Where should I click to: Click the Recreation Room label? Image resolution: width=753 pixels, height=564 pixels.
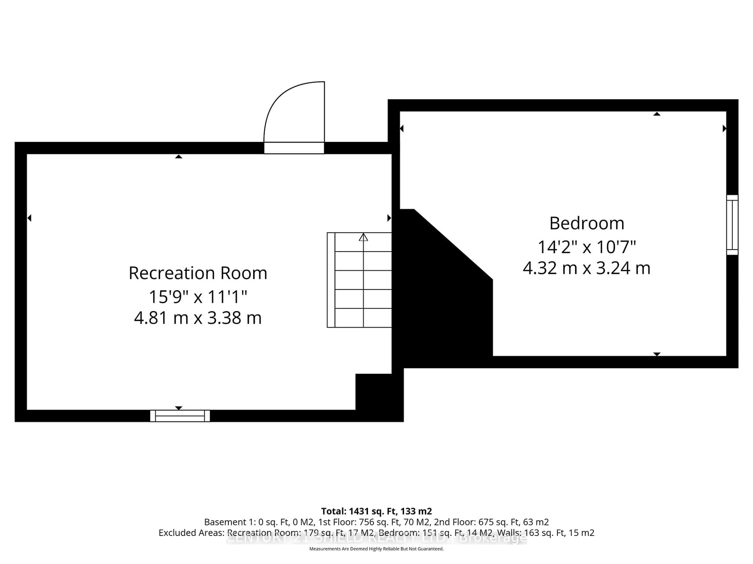click(198, 273)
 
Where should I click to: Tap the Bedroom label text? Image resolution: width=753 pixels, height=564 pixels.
click(587, 223)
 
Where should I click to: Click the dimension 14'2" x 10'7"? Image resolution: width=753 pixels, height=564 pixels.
click(587, 247)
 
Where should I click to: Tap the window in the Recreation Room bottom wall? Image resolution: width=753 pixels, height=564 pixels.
click(180, 416)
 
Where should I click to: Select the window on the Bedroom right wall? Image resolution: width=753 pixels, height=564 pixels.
click(732, 225)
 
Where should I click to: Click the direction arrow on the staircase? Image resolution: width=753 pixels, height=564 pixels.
click(363, 237)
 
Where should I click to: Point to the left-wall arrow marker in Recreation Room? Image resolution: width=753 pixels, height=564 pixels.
click(30, 218)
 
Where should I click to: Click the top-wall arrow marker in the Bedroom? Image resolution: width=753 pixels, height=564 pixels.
click(657, 114)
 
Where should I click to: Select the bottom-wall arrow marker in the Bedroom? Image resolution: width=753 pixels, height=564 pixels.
click(657, 354)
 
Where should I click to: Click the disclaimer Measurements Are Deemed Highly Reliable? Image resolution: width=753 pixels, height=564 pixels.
click(376, 549)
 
